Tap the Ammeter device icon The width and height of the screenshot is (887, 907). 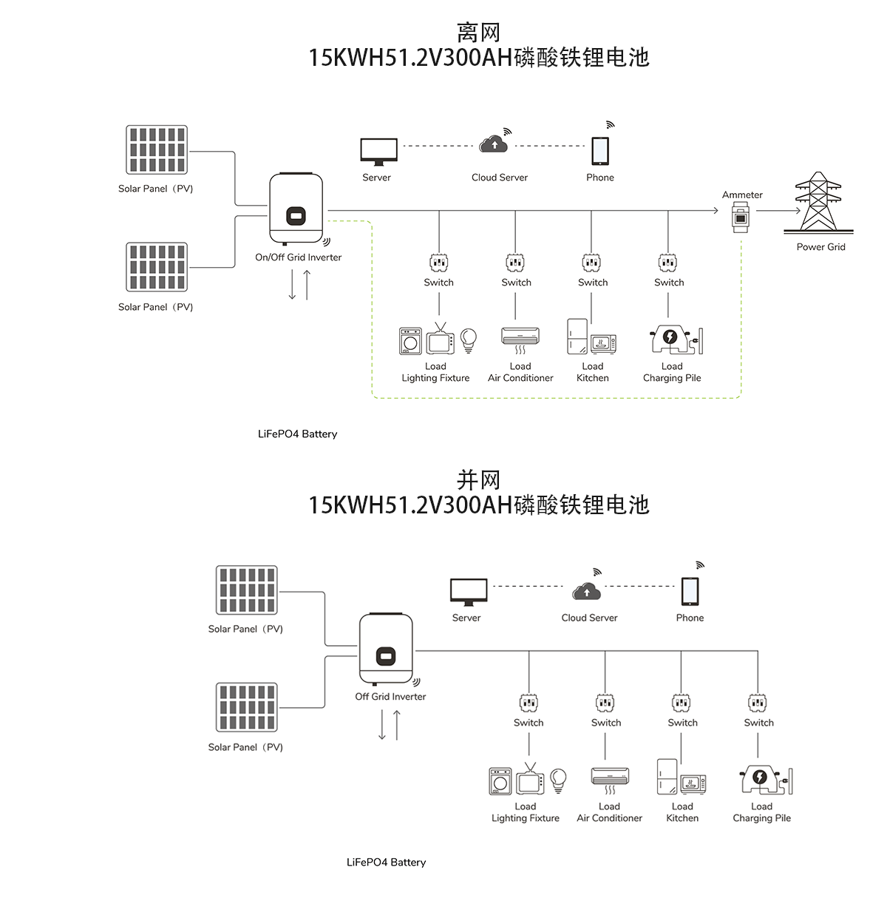740,218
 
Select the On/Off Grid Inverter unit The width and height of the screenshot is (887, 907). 296,209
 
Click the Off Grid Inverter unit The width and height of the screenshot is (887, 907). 386,650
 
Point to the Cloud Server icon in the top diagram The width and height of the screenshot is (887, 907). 494,144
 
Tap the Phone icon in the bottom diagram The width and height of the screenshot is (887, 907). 690,591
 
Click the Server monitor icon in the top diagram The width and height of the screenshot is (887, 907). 378,152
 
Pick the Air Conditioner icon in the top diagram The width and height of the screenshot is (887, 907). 520,337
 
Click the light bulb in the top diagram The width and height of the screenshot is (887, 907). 468,340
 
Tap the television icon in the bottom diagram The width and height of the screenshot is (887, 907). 530,780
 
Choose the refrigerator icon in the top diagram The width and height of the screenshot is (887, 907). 577,337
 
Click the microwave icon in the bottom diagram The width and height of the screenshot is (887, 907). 693,783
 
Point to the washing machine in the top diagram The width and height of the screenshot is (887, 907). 410,341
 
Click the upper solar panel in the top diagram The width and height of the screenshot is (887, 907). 156,150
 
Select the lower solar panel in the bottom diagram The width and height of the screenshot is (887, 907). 247,707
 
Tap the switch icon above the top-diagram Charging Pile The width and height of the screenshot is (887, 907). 667,262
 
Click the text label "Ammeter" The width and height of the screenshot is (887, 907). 742,195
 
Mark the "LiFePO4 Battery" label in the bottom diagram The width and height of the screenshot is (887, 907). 386,863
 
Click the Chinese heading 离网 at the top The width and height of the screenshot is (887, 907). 478,33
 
